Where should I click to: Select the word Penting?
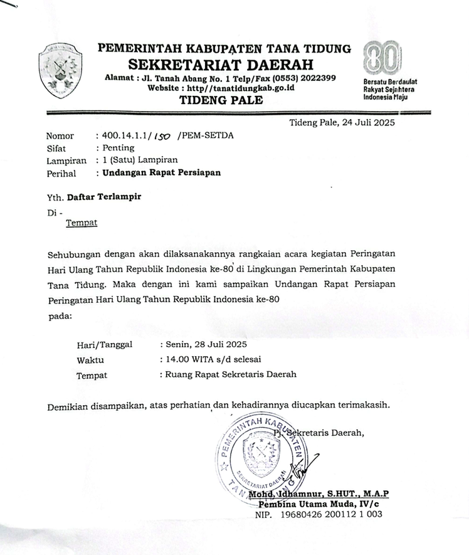pyautogui.click(x=119, y=148)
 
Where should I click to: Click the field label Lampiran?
pyautogui.click(x=66, y=161)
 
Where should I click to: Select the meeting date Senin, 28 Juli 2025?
pyautogui.click(x=206, y=344)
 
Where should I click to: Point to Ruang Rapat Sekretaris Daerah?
pyautogui.click(x=230, y=375)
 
